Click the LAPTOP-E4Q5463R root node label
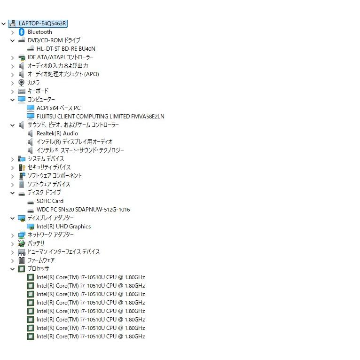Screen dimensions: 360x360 tap(42, 23)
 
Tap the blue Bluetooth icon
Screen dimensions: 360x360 tap(22, 32)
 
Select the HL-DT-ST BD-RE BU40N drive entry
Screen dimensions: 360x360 tap(66, 49)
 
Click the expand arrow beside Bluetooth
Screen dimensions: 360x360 tap(12, 32)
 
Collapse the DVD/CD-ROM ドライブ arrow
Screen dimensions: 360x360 tap(12, 40)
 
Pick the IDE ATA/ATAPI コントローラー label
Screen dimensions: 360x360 tap(61, 57)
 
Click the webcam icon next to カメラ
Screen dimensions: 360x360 tap(22, 83)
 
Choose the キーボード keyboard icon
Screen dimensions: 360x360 tap(22, 91)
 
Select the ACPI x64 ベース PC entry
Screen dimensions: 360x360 tap(59, 108)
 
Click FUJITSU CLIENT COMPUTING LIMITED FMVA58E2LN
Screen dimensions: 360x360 tap(100, 117)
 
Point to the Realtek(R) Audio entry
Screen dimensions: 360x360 tap(57, 133)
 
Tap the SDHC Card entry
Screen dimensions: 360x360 tap(50, 201)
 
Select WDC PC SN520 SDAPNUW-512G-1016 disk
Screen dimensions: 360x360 tap(83, 210)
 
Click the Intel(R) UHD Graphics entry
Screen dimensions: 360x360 tap(63, 227)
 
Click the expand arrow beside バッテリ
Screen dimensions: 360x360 tap(12, 244)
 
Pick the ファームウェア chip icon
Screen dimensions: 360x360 tap(22, 260)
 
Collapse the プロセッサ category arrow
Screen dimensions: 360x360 tap(12, 269)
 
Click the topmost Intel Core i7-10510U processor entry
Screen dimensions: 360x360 tap(91, 277)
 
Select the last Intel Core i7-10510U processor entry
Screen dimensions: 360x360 tap(91, 337)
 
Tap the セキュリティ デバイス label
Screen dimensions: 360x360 tap(49, 167)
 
